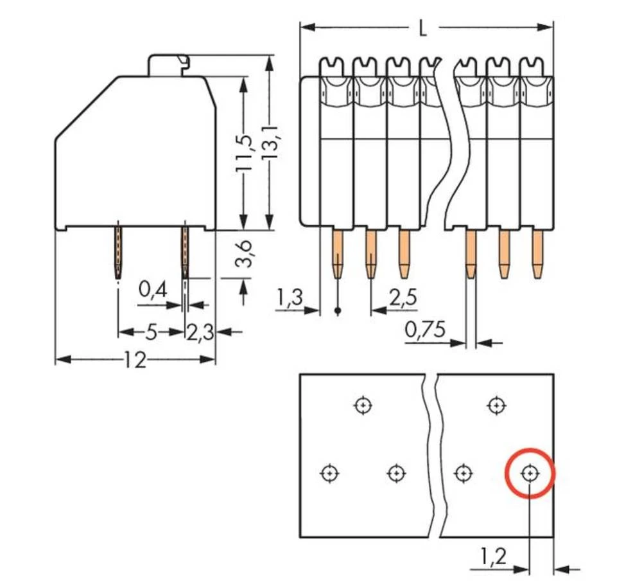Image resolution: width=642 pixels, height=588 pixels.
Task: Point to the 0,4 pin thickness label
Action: (x=153, y=291)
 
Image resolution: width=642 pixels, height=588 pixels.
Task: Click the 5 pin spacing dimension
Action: (x=152, y=332)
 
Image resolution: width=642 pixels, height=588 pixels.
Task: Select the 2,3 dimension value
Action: (x=200, y=332)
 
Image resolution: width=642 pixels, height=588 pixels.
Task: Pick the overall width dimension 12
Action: (x=135, y=361)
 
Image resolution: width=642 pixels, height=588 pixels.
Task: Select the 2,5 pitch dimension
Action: (x=403, y=298)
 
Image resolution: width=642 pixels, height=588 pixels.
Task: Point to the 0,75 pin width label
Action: (x=425, y=330)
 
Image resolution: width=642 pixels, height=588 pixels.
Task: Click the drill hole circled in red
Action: (x=530, y=474)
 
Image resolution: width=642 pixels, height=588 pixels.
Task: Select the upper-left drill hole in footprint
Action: (x=363, y=405)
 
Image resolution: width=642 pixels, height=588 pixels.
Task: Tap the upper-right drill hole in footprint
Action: (x=496, y=405)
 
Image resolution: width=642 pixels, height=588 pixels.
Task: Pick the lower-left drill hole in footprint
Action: (x=329, y=474)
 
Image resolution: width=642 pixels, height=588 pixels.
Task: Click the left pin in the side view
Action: (x=118, y=252)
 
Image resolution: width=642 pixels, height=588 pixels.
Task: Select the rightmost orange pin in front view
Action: (x=537, y=254)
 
